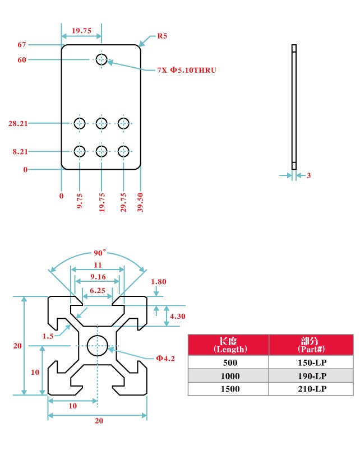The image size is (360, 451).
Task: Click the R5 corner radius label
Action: click(x=162, y=36)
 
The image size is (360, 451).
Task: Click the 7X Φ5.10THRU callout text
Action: click(x=186, y=70)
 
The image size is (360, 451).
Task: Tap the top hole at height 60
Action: click(x=101, y=59)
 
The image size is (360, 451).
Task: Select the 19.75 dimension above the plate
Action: click(x=81, y=31)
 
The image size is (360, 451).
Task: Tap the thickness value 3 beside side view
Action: click(x=308, y=175)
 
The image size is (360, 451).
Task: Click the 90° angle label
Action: click(x=99, y=253)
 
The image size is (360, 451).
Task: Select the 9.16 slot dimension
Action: click(x=98, y=276)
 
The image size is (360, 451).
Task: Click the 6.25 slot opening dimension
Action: click(x=98, y=290)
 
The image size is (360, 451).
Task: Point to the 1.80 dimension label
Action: click(x=159, y=282)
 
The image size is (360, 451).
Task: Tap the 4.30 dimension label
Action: click(x=178, y=316)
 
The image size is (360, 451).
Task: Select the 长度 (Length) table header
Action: click(x=228, y=345)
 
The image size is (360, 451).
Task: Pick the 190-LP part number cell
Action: click(x=311, y=376)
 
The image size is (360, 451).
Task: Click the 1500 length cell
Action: click(x=228, y=389)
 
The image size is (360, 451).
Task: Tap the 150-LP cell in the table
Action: click(x=311, y=362)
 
